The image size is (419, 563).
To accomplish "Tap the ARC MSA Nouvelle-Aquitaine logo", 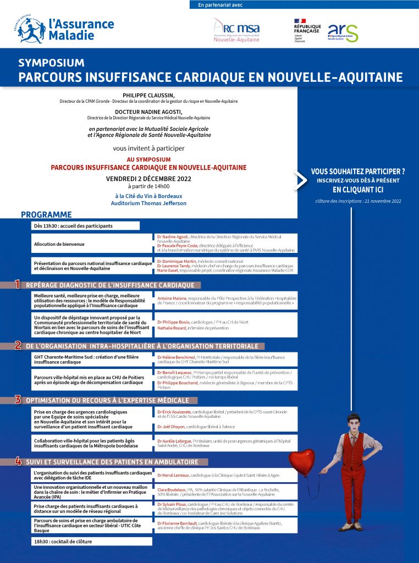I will (x=236, y=31).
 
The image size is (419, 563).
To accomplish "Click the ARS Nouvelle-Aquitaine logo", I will (x=343, y=32).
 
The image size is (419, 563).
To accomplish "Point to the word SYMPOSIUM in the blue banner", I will (x=51, y=63).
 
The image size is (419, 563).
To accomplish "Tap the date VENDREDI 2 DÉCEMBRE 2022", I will (x=148, y=179).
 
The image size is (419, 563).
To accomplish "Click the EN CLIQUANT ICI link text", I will (x=357, y=189).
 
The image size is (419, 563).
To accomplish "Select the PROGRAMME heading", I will (x=46, y=214).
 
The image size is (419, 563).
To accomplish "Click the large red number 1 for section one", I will (x=17, y=284).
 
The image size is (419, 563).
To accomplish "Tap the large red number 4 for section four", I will (x=18, y=461).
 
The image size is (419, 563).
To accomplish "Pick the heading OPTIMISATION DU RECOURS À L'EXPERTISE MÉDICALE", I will (x=107, y=400).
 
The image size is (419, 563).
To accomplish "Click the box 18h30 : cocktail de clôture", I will (x=91, y=542).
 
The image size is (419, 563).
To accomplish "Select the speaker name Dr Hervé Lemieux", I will (x=174, y=475).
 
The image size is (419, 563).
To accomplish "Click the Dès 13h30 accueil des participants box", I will (x=86, y=225).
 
